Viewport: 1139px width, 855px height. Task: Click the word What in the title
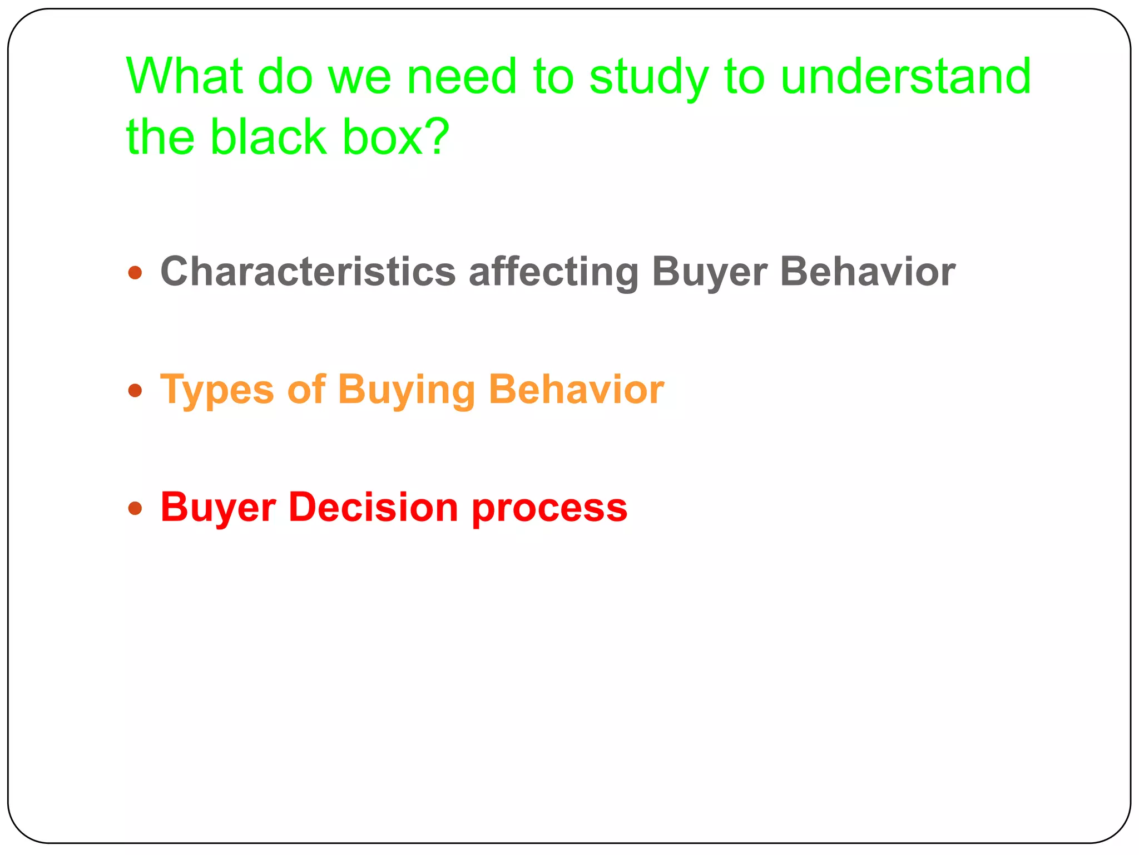coord(184,76)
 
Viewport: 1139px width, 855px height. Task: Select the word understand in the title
coord(905,76)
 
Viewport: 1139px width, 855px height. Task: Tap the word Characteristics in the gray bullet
coord(308,272)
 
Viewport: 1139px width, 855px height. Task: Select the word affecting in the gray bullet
coord(553,273)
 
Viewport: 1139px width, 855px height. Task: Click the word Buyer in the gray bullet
coord(709,273)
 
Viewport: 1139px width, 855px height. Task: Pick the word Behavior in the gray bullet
coord(868,272)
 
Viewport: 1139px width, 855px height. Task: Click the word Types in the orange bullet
coord(217,390)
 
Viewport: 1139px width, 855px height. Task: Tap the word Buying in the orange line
coord(406,390)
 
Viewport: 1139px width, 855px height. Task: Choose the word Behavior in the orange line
coord(576,389)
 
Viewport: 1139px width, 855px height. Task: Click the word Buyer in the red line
coord(218,508)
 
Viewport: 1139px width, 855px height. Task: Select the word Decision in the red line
coord(373,507)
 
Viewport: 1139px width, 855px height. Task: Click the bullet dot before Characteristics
coord(135,273)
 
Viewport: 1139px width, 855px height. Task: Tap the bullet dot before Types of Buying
coord(135,390)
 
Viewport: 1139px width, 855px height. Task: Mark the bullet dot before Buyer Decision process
coord(135,508)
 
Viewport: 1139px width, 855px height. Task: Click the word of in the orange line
coord(306,389)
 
